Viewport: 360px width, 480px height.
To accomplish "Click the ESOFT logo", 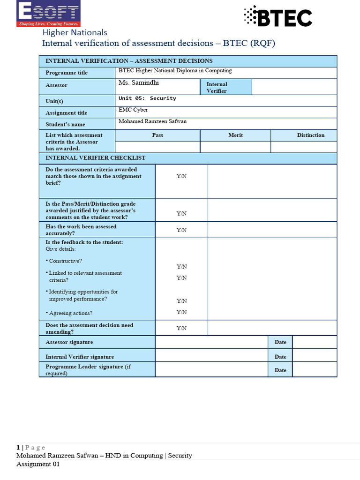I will coord(48,14).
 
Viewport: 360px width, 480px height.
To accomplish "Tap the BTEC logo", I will coord(277,18).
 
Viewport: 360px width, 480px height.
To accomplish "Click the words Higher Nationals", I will coord(75,32).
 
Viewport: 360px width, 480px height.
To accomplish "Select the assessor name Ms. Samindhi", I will coord(139,83).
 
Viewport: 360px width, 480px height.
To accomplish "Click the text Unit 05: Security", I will coord(148,98).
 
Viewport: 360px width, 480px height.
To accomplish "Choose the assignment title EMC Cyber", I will coord(134,110).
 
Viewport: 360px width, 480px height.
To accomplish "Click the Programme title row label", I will coord(67,73).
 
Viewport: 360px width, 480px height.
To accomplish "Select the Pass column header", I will coord(157,135).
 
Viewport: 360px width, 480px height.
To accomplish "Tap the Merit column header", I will coord(235,135).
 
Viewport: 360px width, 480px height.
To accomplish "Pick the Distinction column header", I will coord(310,135).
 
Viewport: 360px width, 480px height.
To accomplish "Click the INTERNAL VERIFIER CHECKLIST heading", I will coord(96,158).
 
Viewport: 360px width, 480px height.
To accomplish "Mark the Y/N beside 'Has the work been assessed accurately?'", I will coord(181,230).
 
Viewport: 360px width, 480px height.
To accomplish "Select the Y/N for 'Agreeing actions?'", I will coord(181,312).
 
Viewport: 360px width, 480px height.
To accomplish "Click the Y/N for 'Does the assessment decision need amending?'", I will coord(181,328).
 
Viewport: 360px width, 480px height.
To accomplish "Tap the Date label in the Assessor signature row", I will coord(280,342).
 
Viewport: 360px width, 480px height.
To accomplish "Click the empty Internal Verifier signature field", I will coord(211,357).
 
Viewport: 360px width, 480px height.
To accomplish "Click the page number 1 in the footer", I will coord(18,447).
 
